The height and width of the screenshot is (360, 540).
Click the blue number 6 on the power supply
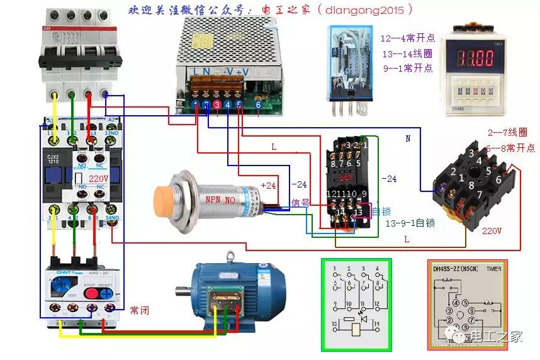pos(258,104)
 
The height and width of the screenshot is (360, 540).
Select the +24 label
pos(268,185)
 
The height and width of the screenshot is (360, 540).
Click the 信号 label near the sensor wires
pos(300,203)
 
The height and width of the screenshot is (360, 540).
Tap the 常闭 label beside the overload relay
pos(139,310)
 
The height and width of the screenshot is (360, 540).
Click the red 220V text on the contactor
pos(99,179)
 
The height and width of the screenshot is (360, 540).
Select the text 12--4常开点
pos(407,38)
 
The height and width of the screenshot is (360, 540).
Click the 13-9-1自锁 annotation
pos(412,223)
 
